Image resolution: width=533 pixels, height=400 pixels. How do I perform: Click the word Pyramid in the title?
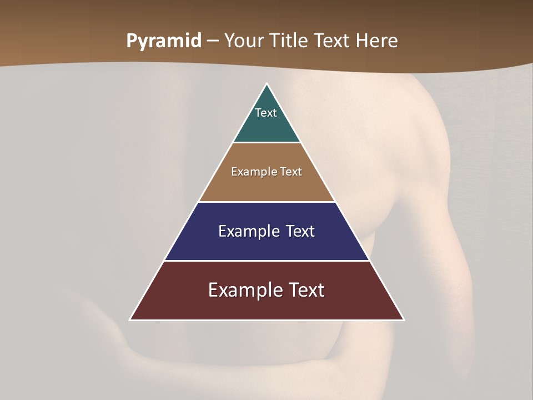tap(164, 41)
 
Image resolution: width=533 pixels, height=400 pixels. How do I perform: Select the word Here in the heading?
tap(376, 41)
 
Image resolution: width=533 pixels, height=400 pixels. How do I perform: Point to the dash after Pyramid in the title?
tap(213, 41)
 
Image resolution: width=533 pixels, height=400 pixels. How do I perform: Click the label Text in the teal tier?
tap(266, 113)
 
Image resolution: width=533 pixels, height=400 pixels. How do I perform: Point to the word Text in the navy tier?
tap(300, 231)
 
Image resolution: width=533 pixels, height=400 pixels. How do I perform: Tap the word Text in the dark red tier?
tap(307, 290)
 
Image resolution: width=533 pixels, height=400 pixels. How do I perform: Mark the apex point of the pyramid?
tap(267, 84)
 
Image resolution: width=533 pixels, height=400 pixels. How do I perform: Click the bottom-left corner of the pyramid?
tap(130, 319)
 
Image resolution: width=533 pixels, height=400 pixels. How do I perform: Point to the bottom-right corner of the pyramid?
tap(403, 319)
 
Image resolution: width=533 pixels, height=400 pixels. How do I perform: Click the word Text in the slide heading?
tap(333, 41)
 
